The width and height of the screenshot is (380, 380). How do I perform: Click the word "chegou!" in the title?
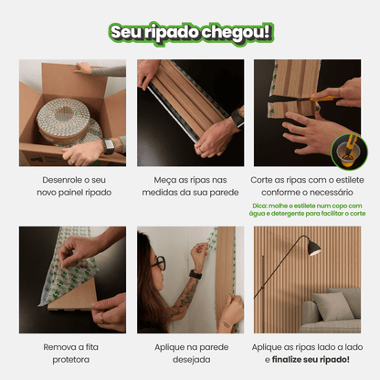coord(240,32)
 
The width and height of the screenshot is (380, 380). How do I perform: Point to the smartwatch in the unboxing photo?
coord(110,146)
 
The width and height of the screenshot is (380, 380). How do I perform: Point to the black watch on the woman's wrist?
coord(195,274)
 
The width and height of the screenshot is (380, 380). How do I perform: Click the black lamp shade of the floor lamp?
coord(314,248)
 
